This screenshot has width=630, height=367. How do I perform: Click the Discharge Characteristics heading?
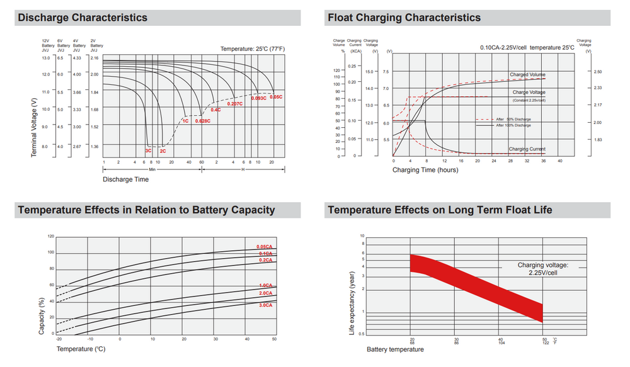(83, 18)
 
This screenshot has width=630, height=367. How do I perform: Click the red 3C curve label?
(149, 151)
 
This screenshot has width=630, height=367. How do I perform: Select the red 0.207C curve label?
(235, 103)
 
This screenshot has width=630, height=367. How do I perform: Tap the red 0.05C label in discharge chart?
(276, 97)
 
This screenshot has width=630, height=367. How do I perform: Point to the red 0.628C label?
(203, 120)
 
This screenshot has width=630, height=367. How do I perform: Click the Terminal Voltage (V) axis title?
(34, 122)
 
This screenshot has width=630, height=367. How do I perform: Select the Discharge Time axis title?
(126, 179)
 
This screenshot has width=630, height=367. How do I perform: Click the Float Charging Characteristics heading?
(404, 18)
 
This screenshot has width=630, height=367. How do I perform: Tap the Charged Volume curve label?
(527, 75)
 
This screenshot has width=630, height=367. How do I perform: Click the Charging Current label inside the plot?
(527, 149)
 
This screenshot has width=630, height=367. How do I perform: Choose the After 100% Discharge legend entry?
(513, 125)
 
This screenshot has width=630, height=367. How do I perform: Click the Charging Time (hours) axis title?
(425, 170)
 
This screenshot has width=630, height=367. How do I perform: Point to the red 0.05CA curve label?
(265, 246)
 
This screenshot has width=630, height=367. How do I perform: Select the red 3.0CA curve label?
(265, 305)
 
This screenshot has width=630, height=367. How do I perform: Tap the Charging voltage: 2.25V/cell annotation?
(543, 269)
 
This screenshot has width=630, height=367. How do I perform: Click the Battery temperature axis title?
(395, 349)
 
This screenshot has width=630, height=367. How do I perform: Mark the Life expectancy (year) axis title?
(352, 302)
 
